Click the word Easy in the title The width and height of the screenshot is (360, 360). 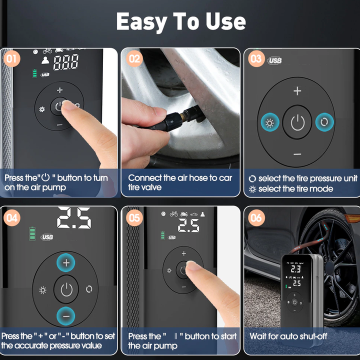[x=142, y=22]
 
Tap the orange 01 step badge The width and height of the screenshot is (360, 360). [x=12, y=59]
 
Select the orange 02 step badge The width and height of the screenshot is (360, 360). [x=134, y=59]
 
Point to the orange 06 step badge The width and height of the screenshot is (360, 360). [x=256, y=217]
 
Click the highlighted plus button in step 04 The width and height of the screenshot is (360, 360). [x=66, y=262]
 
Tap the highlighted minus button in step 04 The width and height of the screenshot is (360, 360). [x=66, y=316]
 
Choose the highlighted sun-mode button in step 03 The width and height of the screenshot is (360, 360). [x=270, y=122]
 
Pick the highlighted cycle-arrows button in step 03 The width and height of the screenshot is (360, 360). [x=324, y=122]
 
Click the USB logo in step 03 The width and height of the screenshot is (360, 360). [x=274, y=60]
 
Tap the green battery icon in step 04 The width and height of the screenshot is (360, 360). [x=32, y=233]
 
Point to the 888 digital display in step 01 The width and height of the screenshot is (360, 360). [x=66, y=62]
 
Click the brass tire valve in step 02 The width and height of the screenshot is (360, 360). [x=183, y=116]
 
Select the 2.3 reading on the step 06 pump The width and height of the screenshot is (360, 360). [x=295, y=269]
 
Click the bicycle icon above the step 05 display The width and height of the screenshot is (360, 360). [x=174, y=214]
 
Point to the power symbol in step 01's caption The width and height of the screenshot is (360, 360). [x=45, y=177]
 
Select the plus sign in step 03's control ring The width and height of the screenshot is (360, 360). [x=297, y=91]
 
